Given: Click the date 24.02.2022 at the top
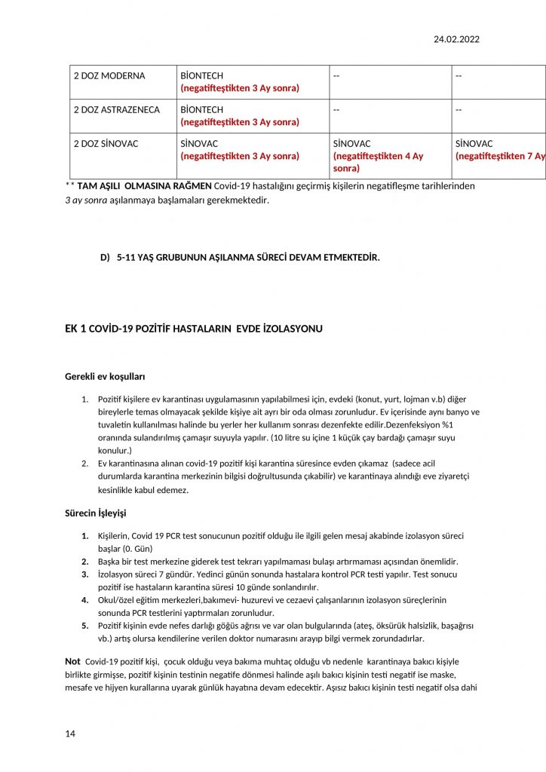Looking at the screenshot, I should pyautogui.click(x=456, y=39).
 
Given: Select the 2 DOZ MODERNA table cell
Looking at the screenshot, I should pyautogui.click(x=109, y=76).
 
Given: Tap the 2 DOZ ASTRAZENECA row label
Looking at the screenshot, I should pyautogui.click(x=116, y=110).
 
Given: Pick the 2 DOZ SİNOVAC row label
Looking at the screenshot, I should pyautogui.click(x=106, y=144).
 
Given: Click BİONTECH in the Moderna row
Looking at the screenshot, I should pyautogui.click(x=201, y=76).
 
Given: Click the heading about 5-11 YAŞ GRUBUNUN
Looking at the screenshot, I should pyautogui.click(x=248, y=258).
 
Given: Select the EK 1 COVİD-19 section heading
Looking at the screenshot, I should pyautogui.click(x=194, y=329).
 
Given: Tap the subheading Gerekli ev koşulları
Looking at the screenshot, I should pyautogui.click(x=105, y=375).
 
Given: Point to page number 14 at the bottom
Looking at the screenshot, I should pyautogui.click(x=70, y=733).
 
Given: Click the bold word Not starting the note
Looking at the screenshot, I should pyautogui.click(x=72, y=661).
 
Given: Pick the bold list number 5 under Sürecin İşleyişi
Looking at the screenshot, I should pyautogui.click(x=84, y=626).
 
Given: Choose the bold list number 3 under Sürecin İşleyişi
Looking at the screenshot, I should pyautogui.click(x=84, y=574).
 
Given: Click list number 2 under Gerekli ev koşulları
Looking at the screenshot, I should pyautogui.click(x=85, y=463).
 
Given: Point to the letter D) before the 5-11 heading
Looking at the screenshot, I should pyautogui.click(x=105, y=258).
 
